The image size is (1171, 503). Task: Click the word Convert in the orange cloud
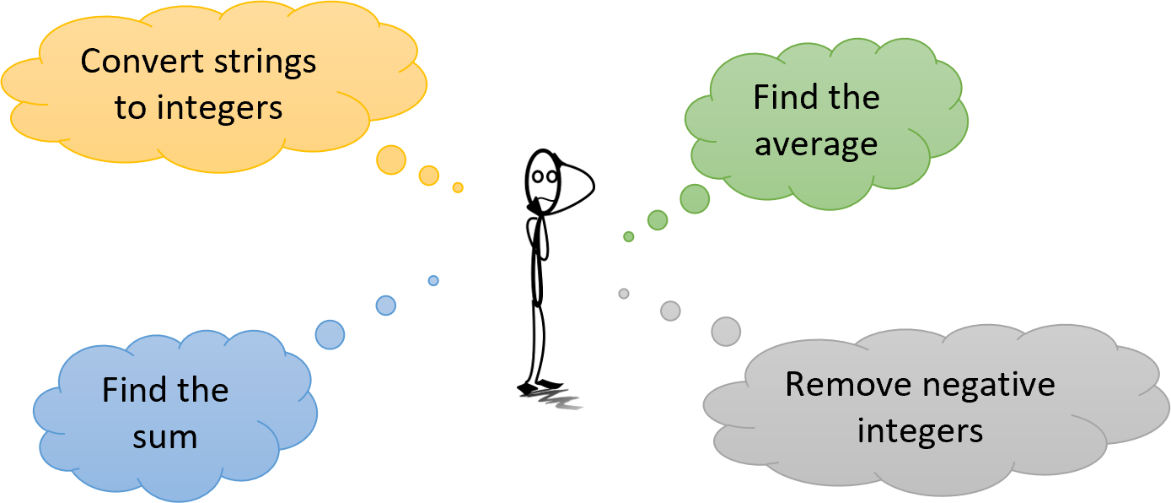[142, 62]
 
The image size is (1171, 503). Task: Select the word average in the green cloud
[816, 145]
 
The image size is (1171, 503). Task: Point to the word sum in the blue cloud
[165, 437]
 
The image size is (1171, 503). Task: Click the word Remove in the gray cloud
[848, 385]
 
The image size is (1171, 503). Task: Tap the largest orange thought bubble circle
[391, 160]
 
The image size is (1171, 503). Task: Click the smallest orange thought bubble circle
[458, 187]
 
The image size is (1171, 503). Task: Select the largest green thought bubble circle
[695, 199]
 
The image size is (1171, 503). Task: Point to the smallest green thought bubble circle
[629, 236]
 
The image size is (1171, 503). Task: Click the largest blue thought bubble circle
[330, 334]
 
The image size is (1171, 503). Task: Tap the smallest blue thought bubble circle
[433, 280]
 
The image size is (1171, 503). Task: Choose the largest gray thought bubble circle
[726, 332]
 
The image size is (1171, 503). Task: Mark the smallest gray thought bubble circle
[624, 294]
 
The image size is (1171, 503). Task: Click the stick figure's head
[544, 181]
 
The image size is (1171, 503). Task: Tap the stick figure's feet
[540, 387]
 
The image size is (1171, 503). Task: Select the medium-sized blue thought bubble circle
[386, 306]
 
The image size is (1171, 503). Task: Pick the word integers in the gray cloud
[920, 433]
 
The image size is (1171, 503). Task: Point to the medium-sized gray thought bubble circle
[670, 311]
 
